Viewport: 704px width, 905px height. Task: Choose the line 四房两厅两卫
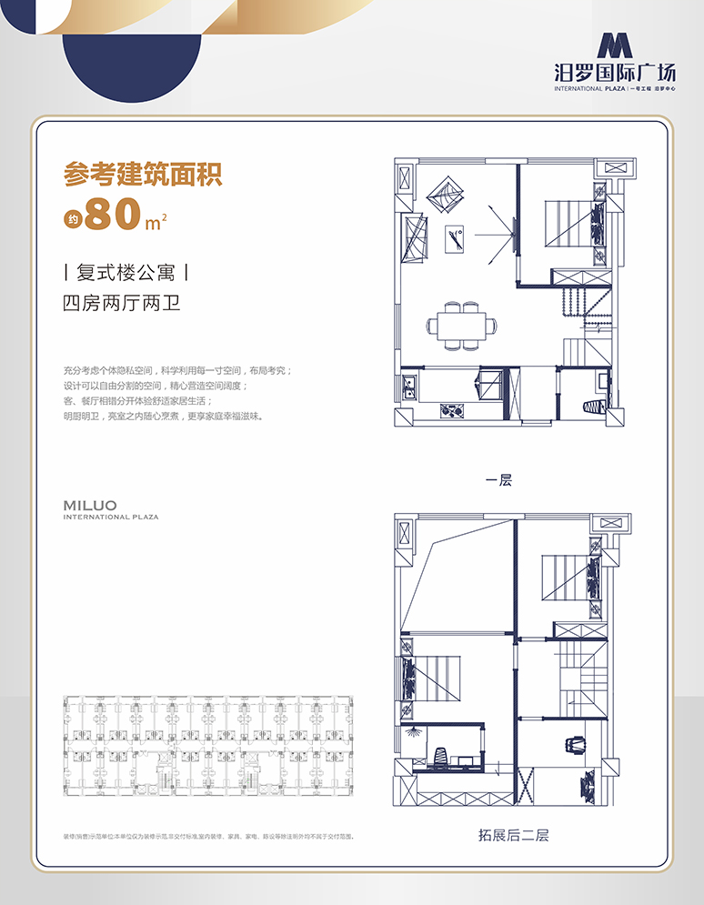pos(121,303)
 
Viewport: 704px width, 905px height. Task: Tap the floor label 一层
pos(498,480)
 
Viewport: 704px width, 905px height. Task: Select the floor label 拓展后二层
pos(513,834)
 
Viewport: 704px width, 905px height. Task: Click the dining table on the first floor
pos(462,325)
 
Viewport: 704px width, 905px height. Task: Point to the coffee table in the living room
pos(456,240)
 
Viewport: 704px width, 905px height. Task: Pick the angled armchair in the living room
pos(447,193)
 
